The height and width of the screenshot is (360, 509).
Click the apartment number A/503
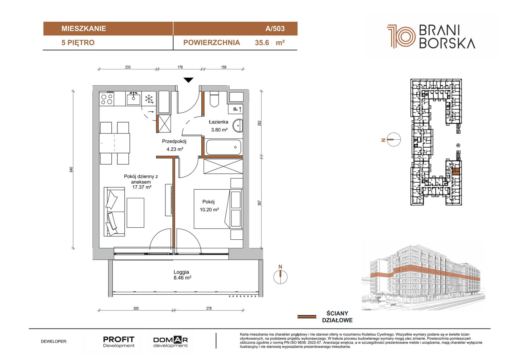275,28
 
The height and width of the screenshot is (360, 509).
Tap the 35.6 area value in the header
262,43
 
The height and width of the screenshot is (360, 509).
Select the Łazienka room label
218,122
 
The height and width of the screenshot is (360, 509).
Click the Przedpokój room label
174,141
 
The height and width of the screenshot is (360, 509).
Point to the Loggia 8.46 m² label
182,275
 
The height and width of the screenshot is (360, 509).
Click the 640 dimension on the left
71,169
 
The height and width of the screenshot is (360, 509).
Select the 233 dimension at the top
128,67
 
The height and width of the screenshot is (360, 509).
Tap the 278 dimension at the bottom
209,308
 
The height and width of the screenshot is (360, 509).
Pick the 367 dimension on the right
259,203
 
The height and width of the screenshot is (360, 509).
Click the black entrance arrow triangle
188,80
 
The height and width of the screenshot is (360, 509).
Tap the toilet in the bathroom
214,99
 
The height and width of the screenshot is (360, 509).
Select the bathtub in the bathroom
223,147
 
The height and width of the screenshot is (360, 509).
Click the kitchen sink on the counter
133,98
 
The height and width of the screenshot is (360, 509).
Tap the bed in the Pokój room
218,209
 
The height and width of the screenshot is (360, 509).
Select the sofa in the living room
114,212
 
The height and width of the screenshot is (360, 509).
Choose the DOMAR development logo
171,342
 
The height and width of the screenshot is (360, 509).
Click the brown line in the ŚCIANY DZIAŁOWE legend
307,317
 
